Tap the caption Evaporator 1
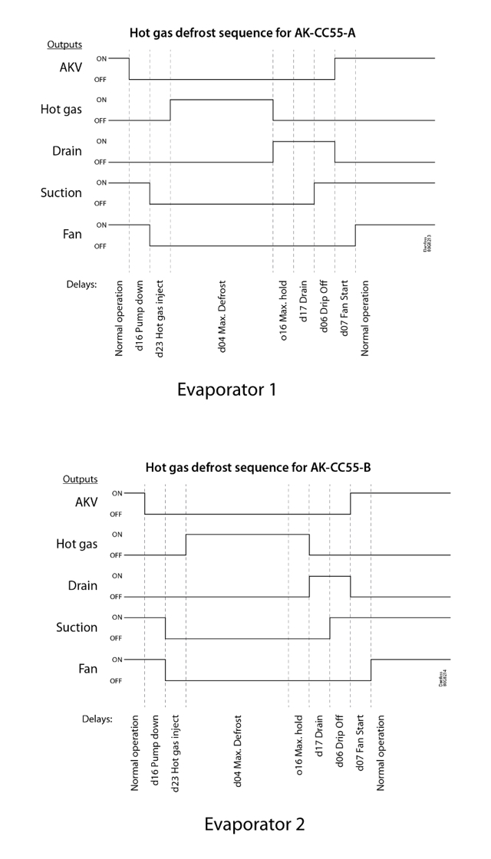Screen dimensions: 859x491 [x=226, y=390]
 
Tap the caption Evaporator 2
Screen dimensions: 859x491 [x=254, y=824]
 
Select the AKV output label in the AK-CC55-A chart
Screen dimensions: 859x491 [x=71, y=68]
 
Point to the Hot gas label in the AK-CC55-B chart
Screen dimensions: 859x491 [x=77, y=544]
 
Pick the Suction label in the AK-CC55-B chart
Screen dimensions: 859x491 [x=77, y=627]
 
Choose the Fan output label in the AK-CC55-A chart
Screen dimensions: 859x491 [x=72, y=234]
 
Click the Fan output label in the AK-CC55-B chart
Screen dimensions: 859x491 [x=88, y=669]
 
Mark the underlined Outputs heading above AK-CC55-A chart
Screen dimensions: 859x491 [x=64, y=44]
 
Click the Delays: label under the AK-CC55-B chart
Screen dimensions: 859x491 [x=97, y=719]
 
